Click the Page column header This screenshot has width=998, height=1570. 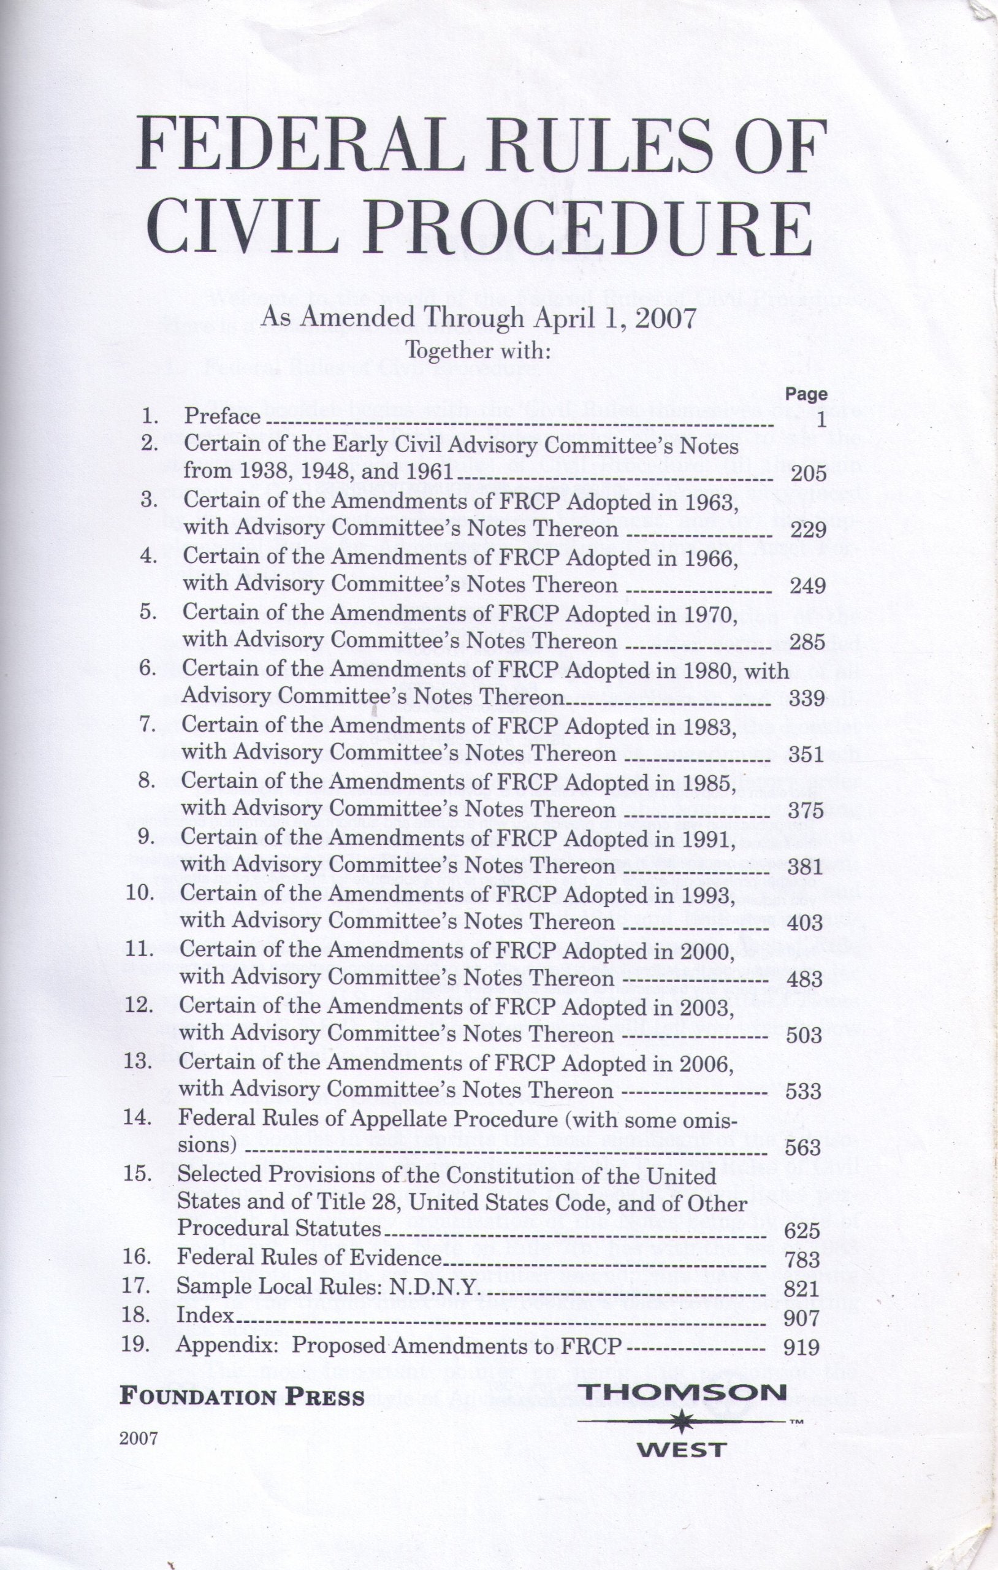click(806, 394)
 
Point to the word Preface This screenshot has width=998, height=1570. click(223, 416)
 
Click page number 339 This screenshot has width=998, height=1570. click(807, 699)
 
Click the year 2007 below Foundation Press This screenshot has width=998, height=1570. click(139, 1439)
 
